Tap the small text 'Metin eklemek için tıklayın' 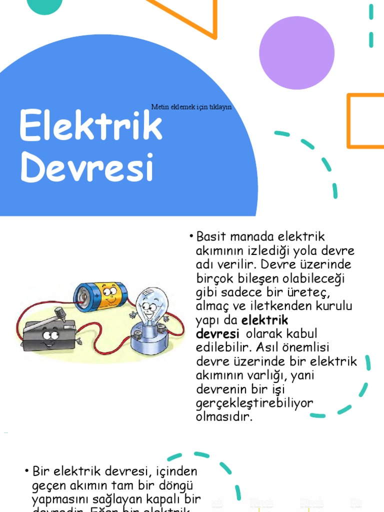(191, 107)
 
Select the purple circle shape (297, 52)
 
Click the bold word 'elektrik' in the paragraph (265, 320)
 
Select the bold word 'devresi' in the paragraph (215, 333)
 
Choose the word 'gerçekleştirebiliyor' (254, 403)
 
